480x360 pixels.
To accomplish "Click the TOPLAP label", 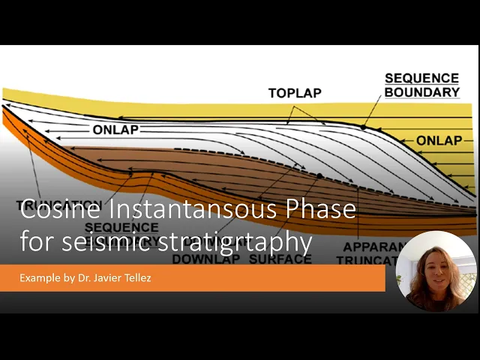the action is (294, 93).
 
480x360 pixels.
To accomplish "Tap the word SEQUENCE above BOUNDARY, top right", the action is (421, 78).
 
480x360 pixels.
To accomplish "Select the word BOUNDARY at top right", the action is (421, 92).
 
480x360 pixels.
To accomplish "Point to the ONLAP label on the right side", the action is (439, 140).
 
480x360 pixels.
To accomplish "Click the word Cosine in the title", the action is (55, 209).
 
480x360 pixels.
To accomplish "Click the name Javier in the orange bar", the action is (112, 278).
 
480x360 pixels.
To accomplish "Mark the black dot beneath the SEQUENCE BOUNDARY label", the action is (364, 127).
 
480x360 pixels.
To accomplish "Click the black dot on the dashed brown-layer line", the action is (320, 176).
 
